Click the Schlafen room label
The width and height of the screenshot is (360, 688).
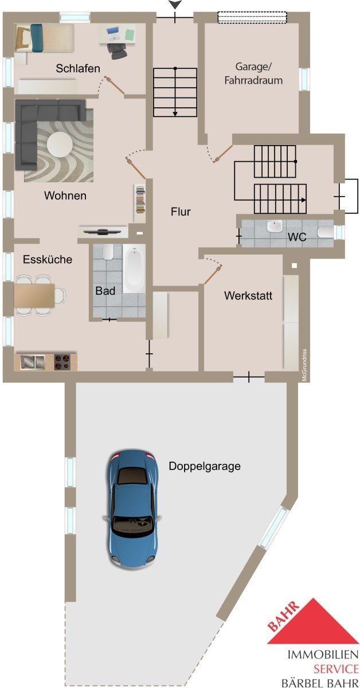[78, 68]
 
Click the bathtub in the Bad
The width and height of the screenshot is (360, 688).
[134, 268]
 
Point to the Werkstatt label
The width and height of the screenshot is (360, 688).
[248, 295]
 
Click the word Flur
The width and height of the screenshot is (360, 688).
[181, 212]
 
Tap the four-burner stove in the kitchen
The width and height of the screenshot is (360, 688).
[62, 362]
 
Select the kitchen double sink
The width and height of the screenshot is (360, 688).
[33, 362]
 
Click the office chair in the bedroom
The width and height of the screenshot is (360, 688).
[117, 50]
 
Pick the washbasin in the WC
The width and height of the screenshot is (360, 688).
[275, 226]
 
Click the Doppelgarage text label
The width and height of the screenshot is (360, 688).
[205, 466]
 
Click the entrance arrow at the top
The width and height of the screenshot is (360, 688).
[175, 4]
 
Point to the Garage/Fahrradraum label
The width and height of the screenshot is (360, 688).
[253, 73]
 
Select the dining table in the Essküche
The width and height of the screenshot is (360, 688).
[34, 295]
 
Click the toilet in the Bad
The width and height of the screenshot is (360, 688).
[108, 252]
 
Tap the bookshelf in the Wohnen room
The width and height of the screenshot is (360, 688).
[140, 203]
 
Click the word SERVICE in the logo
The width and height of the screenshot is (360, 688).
[336, 669]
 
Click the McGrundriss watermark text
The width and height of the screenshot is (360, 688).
[304, 365]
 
